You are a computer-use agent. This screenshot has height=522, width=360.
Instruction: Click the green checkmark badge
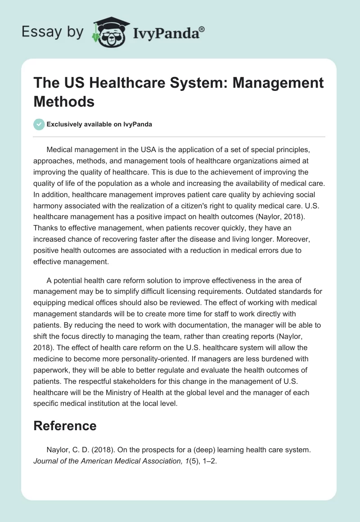pos(39,124)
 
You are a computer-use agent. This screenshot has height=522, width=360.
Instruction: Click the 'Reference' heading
pos(65,426)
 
